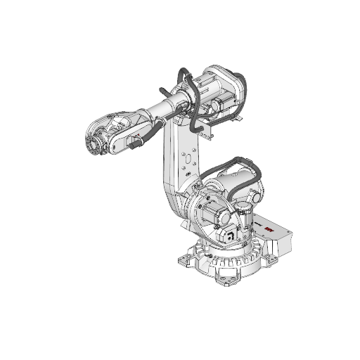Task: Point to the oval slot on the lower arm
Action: tap(186, 160)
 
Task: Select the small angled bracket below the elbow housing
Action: tap(202, 131)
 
